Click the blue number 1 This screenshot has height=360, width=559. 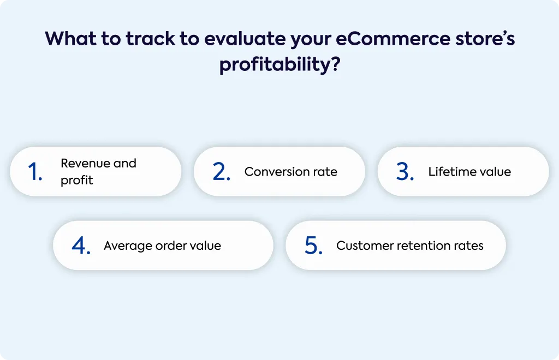[x=35, y=172]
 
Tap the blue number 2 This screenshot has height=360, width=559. [x=222, y=172]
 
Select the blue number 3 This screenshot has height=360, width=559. [x=405, y=172]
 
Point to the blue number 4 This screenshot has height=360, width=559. [x=81, y=245]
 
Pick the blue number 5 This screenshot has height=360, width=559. [x=314, y=245]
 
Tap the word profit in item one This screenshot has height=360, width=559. [x=76, y=180]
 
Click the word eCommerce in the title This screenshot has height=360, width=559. [x=393, y=39]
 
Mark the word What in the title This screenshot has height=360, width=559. [x=70, y=39]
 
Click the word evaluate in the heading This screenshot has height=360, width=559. [x=245, y=39]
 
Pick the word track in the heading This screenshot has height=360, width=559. [x=151, y=39]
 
